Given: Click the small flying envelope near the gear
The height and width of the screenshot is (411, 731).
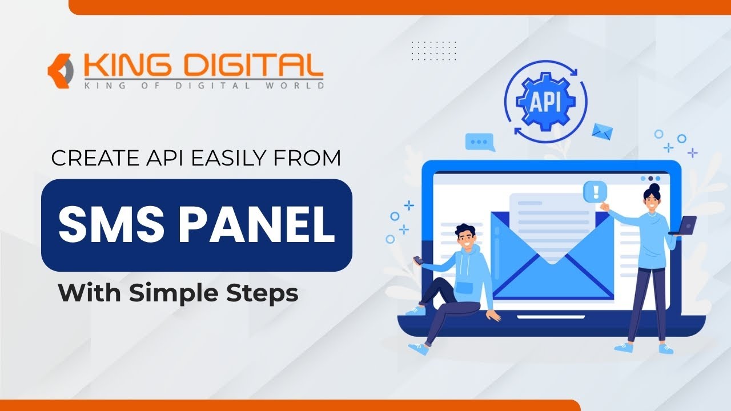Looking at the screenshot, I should coord(601,132).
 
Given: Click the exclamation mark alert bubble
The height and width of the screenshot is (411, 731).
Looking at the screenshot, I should coord(596,191).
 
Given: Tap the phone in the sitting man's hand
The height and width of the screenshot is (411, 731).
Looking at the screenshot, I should coord(418,260).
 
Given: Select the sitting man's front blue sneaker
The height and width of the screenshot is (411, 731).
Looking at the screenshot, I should coord(418,348).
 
